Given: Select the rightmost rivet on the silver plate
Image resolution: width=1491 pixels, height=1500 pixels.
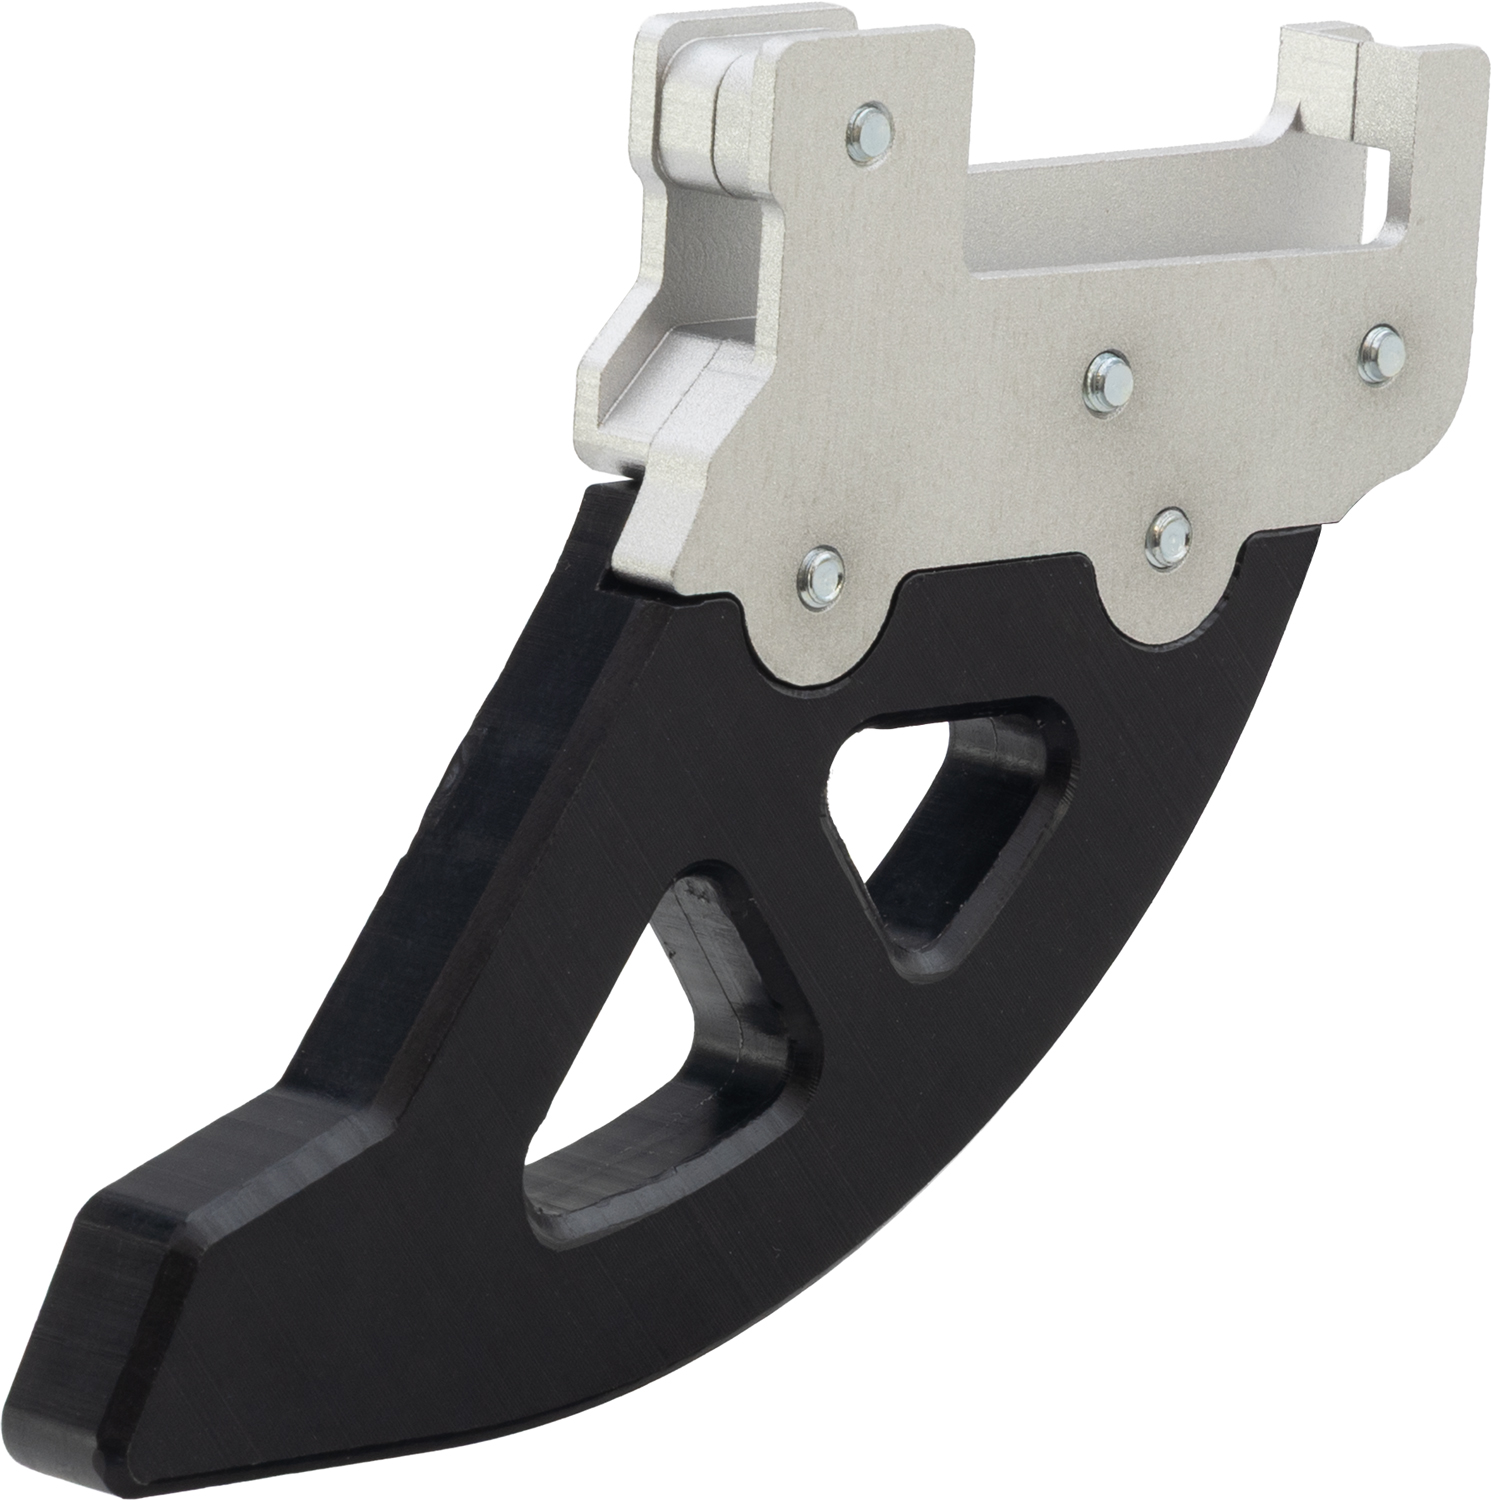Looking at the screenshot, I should pyautogui.click(x=1379, y=350).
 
